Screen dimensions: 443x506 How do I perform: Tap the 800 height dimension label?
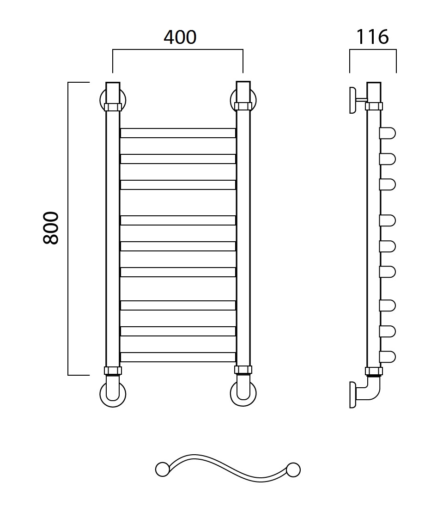[51, 228]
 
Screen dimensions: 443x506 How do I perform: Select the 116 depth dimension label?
[372, 37]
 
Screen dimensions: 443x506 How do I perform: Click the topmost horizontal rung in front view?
[178, 133]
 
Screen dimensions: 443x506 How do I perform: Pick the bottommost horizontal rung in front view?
[178, 357]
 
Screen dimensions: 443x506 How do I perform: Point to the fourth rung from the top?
[178, 220]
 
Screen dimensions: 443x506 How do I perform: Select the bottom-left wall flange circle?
[113, 394]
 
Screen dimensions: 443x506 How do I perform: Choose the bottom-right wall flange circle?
[243, 394]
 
